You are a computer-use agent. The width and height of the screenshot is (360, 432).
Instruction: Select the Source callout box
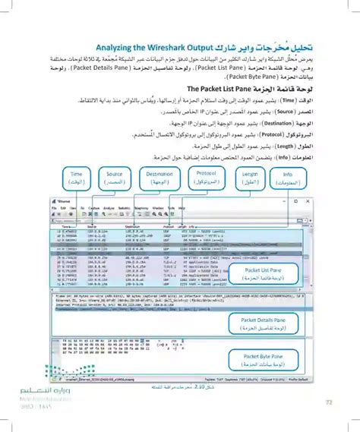click(115, 178)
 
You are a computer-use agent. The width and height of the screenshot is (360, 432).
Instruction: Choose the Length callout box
click(250, 178)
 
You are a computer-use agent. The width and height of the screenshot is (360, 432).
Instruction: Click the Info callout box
click(288, 178)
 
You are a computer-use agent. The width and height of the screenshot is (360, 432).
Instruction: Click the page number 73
click(330, 402)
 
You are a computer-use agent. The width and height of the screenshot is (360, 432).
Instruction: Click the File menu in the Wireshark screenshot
click(54, 207)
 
